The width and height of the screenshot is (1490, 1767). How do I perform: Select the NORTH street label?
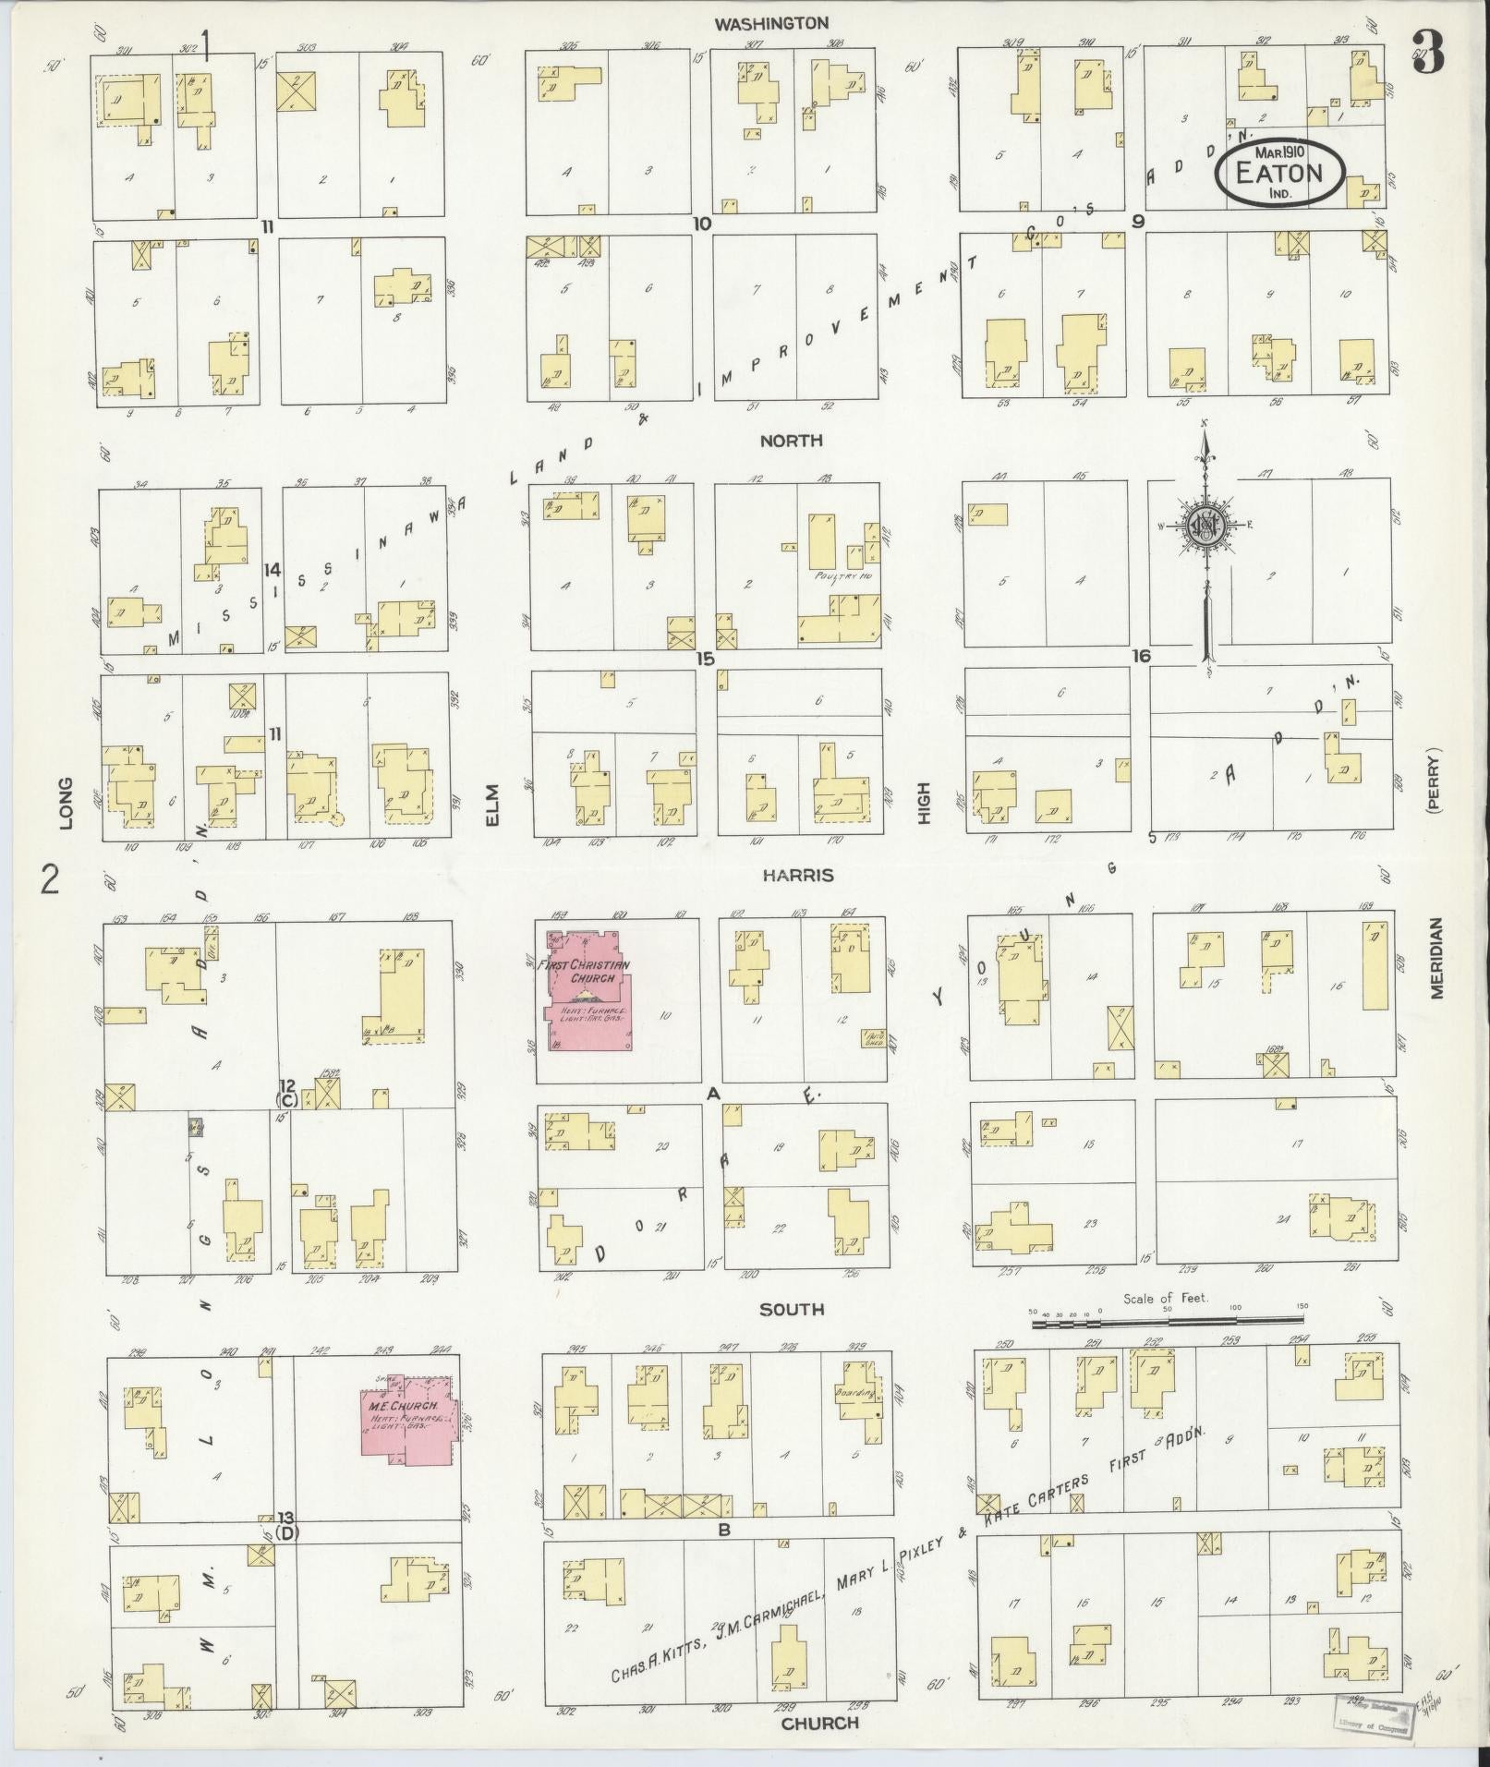791,442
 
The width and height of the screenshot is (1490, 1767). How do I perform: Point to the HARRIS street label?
798,875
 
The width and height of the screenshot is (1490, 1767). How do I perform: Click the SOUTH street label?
792,1309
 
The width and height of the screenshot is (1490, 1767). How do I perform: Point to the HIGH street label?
924,804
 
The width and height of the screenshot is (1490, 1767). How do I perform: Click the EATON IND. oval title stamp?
1279,173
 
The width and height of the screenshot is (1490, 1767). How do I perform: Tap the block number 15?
706,660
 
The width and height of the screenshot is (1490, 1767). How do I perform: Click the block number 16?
1142,656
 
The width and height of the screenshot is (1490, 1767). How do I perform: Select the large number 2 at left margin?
50,879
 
